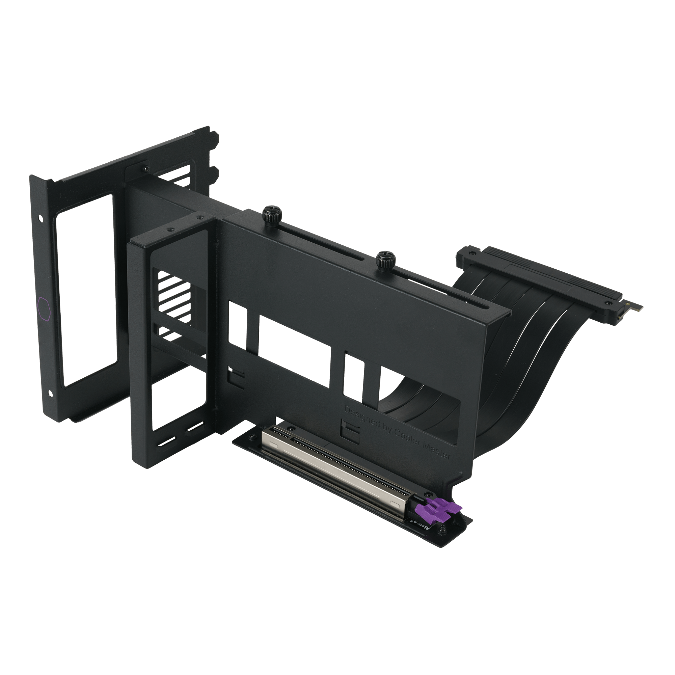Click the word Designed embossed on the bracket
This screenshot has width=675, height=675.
click(x=361, y=418)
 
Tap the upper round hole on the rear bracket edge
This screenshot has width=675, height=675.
click(x=41, y=218)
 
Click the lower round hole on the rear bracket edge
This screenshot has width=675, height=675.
click(x=51, y=394)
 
